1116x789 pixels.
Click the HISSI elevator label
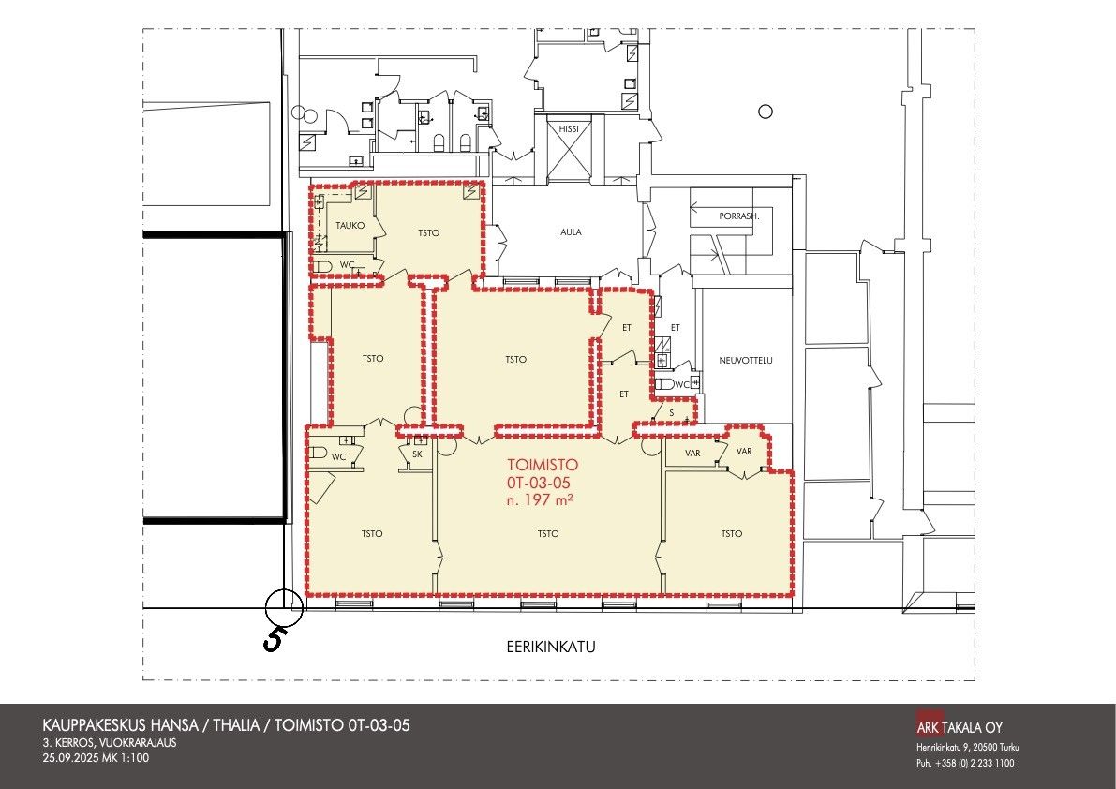(x=569, y=128)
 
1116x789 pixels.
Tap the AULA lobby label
(x=571, y=232)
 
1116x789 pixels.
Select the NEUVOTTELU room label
(x=745, y=361)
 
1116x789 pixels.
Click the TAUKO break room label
(x=350, y=226)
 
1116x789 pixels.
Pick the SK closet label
(x=417, y=454)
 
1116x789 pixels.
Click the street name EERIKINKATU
(x=551, y=648)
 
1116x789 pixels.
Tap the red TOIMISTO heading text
(x=543, y=465)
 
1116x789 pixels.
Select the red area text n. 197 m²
(x=541, y=500)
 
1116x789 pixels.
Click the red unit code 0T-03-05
(x=539, y=483)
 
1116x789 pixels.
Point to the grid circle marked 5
(x=284, y=607)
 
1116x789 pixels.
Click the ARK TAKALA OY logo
(x=960, y=727)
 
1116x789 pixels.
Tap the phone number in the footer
(x=965, y=764)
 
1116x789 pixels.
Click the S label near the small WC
(x=671, y=412)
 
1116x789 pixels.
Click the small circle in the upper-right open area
(x=766, y=112)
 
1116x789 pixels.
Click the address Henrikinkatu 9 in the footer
(x=943, y=748)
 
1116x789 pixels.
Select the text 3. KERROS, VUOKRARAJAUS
(x=110, y=743)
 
